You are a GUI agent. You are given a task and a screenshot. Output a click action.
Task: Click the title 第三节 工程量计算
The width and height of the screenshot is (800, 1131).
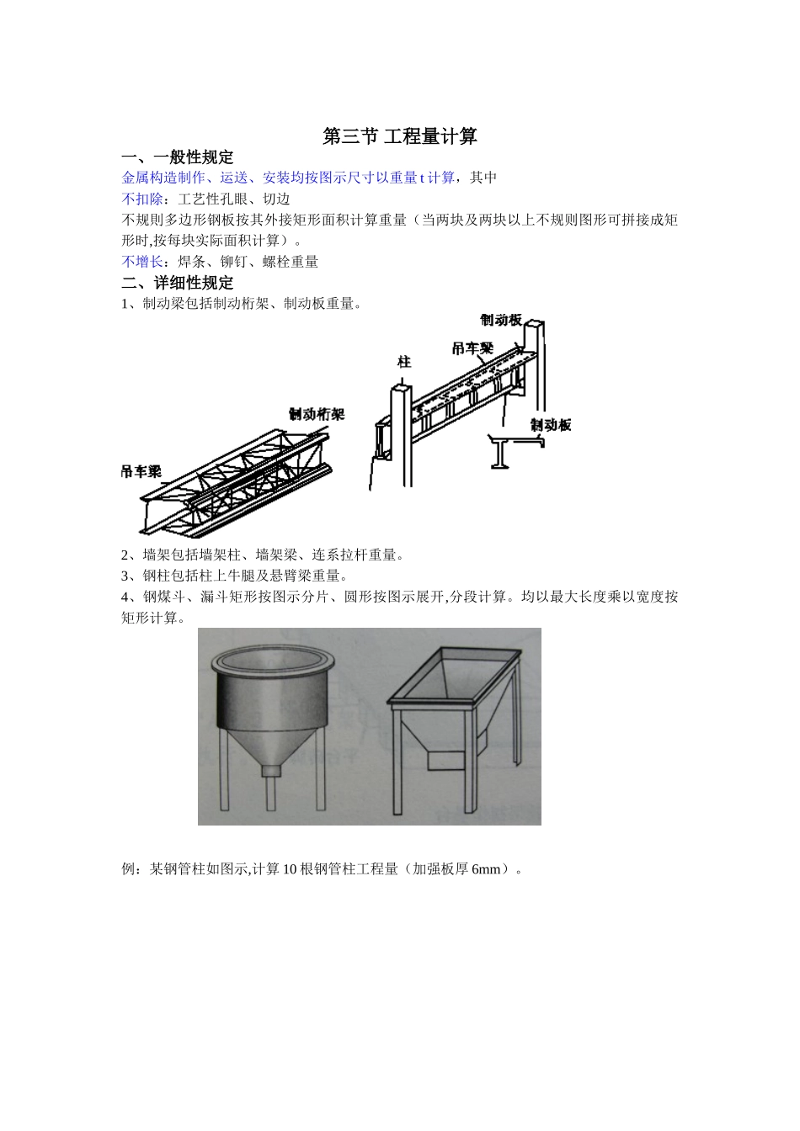click(x=400, y=136)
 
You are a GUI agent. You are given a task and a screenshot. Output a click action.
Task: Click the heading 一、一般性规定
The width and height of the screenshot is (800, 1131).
click(x=178, y=157)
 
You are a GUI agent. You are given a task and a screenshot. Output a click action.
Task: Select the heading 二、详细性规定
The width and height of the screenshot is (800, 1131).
click(x=178, y=283)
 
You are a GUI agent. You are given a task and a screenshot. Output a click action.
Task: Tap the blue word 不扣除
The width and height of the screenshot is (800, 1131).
click(x=142, y=199)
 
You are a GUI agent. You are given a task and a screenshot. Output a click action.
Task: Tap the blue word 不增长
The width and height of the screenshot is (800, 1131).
click(x=142, y=262)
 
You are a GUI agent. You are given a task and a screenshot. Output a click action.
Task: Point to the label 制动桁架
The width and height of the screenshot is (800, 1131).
click(x=317, y=414)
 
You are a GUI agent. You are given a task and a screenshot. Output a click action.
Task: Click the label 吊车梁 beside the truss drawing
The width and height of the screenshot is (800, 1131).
click(x=141, y=472)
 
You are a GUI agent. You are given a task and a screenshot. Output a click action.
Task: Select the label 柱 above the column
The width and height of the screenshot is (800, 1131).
click(x=404, y=362)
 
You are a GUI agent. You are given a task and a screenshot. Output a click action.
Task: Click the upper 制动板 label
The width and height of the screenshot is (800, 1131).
click(x=501, y=320)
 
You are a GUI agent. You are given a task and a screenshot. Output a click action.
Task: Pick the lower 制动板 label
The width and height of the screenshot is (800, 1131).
click(x=551, y=425)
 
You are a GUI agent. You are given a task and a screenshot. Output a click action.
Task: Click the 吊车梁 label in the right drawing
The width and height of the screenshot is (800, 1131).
click(x=472, y=348)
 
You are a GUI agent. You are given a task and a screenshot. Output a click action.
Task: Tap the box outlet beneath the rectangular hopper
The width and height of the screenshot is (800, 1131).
click(x=445, y=759)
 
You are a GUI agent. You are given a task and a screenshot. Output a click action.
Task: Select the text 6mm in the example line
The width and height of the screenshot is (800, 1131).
click(x=486, y=869)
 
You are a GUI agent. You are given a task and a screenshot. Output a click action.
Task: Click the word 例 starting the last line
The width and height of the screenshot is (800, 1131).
click(x=129, y=869)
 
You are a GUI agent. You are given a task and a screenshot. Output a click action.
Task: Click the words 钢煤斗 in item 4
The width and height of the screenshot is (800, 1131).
click(x=164, y=597)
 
